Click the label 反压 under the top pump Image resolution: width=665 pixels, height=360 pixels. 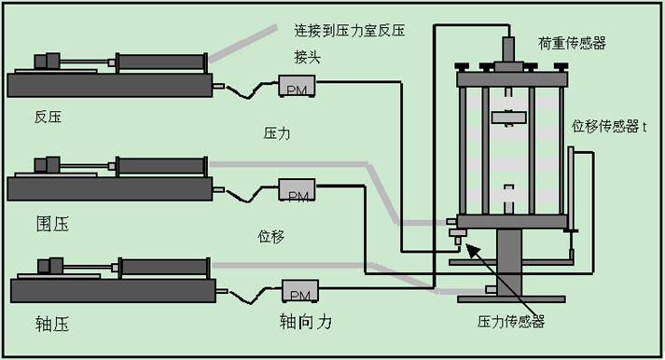48,118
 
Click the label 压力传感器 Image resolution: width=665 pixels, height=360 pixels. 511,320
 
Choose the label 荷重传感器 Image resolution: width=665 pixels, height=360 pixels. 573,43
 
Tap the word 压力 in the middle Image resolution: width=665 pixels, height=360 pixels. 277,133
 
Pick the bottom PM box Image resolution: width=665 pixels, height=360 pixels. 300,294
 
